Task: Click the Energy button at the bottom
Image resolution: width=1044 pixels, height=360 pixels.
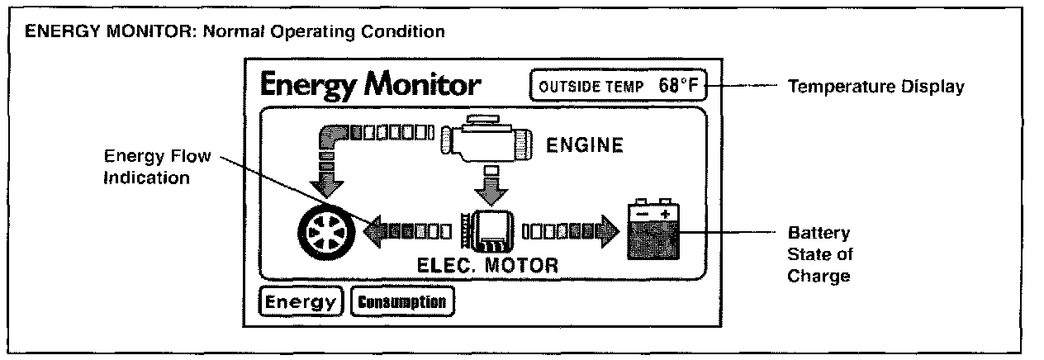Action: tap(301, 302)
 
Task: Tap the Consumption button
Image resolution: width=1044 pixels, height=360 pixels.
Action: tap(403, 302)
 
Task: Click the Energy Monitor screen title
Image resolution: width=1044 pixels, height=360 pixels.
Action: tap(370, 84)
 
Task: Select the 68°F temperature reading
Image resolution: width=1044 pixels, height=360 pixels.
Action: tap(679, 85)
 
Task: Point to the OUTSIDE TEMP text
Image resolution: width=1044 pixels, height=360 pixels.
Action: tap(590, 86)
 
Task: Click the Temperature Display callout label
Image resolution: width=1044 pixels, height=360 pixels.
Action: tap(876, 86)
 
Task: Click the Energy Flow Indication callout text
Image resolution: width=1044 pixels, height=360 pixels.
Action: tap(147, 168)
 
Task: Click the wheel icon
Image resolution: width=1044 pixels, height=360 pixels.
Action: tap(325, 234)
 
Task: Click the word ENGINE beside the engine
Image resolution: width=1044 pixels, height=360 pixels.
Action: tap(584, 146)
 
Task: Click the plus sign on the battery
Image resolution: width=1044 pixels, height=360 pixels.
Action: tap(665, 213)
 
